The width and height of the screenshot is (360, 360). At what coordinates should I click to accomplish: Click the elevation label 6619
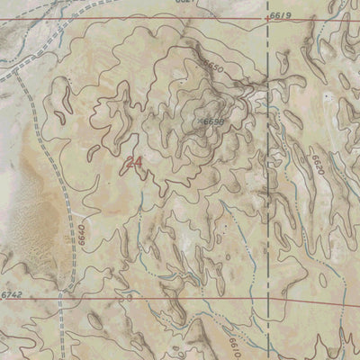[x=281, y=16]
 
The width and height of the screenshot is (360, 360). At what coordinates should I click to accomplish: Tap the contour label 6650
[x=213, y=67]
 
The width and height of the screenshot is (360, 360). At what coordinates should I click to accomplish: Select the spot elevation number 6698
[x=213, y=121]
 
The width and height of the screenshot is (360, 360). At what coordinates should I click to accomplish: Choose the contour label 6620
[x=316, y=166]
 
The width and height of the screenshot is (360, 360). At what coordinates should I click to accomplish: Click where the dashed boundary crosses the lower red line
[x=269, y=301]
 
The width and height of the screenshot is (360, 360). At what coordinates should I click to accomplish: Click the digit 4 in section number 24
[x=139, y=163]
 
